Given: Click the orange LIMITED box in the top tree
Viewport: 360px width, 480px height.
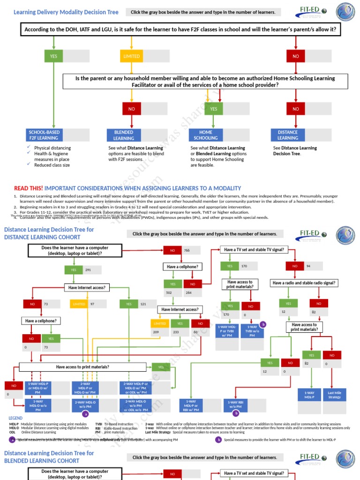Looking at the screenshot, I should [x=131, y=56].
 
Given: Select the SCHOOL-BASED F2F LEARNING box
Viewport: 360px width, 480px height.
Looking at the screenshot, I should [x=44, y=135].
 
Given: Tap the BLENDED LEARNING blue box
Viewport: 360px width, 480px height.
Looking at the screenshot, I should [x=124, y=135].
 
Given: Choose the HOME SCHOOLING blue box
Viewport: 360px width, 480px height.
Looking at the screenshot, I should [x=206, y=135].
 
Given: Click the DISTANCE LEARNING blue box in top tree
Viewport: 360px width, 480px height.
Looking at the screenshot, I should [x=287, y=135].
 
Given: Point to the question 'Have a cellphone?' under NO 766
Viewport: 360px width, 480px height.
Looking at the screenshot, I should [x=182, y=267].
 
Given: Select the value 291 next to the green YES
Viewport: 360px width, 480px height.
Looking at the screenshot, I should [x=89, y=270].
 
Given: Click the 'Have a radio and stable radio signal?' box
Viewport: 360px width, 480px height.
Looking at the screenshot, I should [x=304, y=283].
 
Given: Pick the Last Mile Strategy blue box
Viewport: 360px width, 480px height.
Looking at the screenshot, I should [x=335, y=395].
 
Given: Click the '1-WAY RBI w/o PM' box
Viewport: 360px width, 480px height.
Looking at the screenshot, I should [x=236, y=405].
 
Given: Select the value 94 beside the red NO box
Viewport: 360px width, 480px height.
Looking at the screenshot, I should [x=309, y=266].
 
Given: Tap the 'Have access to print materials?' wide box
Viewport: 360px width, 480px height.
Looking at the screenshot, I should [x=82, y=367].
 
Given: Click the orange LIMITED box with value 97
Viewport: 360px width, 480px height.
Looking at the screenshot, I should [x=79, y=304].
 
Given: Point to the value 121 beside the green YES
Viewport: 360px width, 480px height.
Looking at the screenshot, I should [x=143, y=304].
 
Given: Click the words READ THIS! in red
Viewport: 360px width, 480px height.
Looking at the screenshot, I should [x=29, y=188].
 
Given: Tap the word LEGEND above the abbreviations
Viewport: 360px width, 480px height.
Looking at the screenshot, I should [x=15, y=418].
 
